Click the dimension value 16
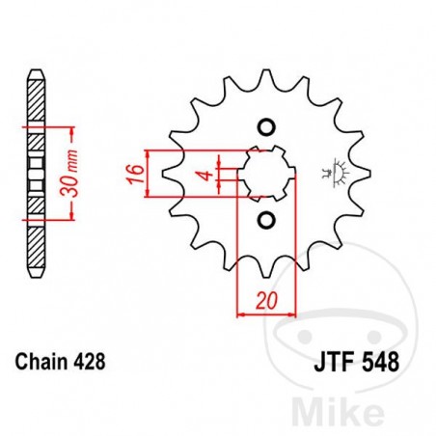coord(134,174)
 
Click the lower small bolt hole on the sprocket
coord(265,221)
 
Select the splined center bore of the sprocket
coord(265,175)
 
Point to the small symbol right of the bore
coord(339,173)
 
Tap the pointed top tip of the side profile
coord(36,72)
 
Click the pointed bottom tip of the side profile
coord(36,277)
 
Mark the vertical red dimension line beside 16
coord(147,174)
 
